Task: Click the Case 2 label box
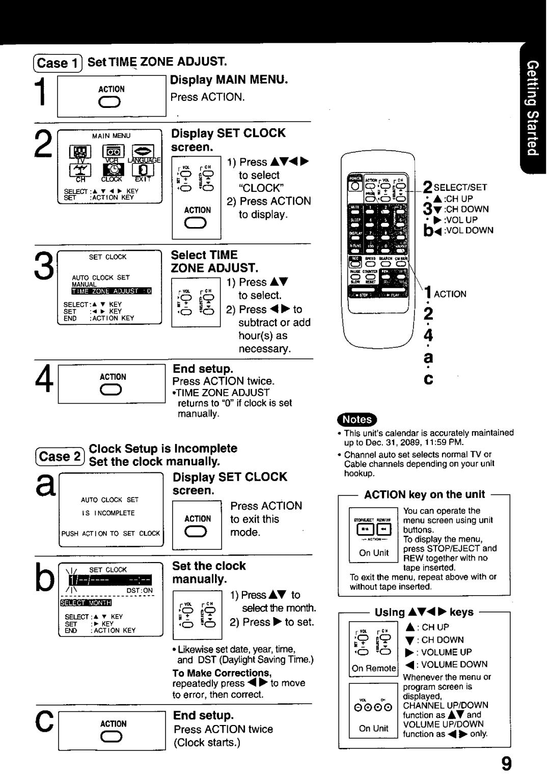tap(60, 456)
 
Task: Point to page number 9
tap(505, 764)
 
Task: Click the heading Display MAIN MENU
tap(229, 80)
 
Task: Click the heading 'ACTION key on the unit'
tap(425, 494)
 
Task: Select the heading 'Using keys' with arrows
tap(424, 612)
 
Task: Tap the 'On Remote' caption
tap(374, 668)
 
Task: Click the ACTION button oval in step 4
tap(113, 391)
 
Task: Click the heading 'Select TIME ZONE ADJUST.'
tap(214, 261)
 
